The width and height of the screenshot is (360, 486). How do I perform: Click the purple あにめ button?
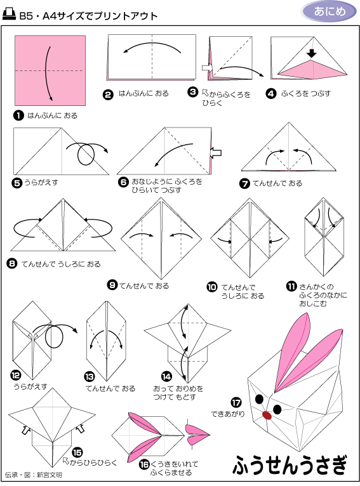click(x=329, y=11)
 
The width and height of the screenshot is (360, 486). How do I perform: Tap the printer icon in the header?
click(x=10, y=14)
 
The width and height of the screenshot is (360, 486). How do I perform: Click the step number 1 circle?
click(x=18, y=115)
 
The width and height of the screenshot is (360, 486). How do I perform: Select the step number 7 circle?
click(x=244, y=183)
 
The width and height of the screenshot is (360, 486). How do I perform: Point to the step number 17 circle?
click(x=236, y=403)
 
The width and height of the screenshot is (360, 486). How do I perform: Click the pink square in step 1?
click(x=50, y=70)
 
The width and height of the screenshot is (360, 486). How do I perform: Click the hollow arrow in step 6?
click(x=215, y=152)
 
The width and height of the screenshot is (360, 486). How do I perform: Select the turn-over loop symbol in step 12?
click(x=54, y=337)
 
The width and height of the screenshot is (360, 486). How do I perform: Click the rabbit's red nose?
click(x=267, y=415)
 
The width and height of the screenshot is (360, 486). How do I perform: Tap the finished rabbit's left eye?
click(x=259, y=399)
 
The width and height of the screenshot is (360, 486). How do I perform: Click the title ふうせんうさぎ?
click(x=290, y=465)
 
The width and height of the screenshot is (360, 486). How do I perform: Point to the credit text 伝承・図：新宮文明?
click(x=34, y=475)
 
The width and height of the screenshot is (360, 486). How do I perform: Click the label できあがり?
click(x=228, y=414)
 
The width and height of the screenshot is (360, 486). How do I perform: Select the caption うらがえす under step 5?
click(x=41, y=183)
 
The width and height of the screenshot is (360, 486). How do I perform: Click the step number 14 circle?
click(x=166, y=376)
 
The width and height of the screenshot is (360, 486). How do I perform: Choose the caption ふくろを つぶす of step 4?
click(x=306, y=93)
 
